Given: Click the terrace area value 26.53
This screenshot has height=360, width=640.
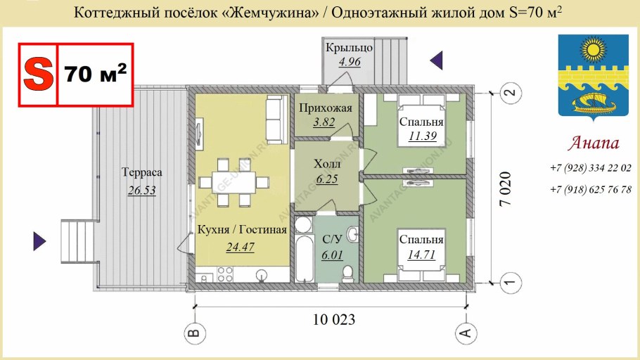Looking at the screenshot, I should click(141, 191).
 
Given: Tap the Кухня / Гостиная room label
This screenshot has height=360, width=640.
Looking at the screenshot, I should click(242, 230).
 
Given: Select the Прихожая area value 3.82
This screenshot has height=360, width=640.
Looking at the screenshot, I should click(324, 122).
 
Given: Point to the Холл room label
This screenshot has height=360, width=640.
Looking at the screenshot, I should click(327, 163).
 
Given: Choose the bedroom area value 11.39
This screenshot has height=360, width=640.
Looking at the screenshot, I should click(422, 136).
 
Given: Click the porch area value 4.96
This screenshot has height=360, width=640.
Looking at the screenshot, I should click(349, 62).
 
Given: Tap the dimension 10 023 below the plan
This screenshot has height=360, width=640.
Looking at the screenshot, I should click(333, 320).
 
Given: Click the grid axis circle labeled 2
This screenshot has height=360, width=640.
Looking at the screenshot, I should click(511, 91).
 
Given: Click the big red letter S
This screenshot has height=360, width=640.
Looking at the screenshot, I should click(38, 74).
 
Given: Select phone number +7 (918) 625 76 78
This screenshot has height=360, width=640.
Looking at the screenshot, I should click(590, 189).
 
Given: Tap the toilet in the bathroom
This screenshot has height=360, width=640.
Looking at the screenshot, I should click(347, 271).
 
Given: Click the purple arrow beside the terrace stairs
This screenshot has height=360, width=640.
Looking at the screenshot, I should click(39, 241).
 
